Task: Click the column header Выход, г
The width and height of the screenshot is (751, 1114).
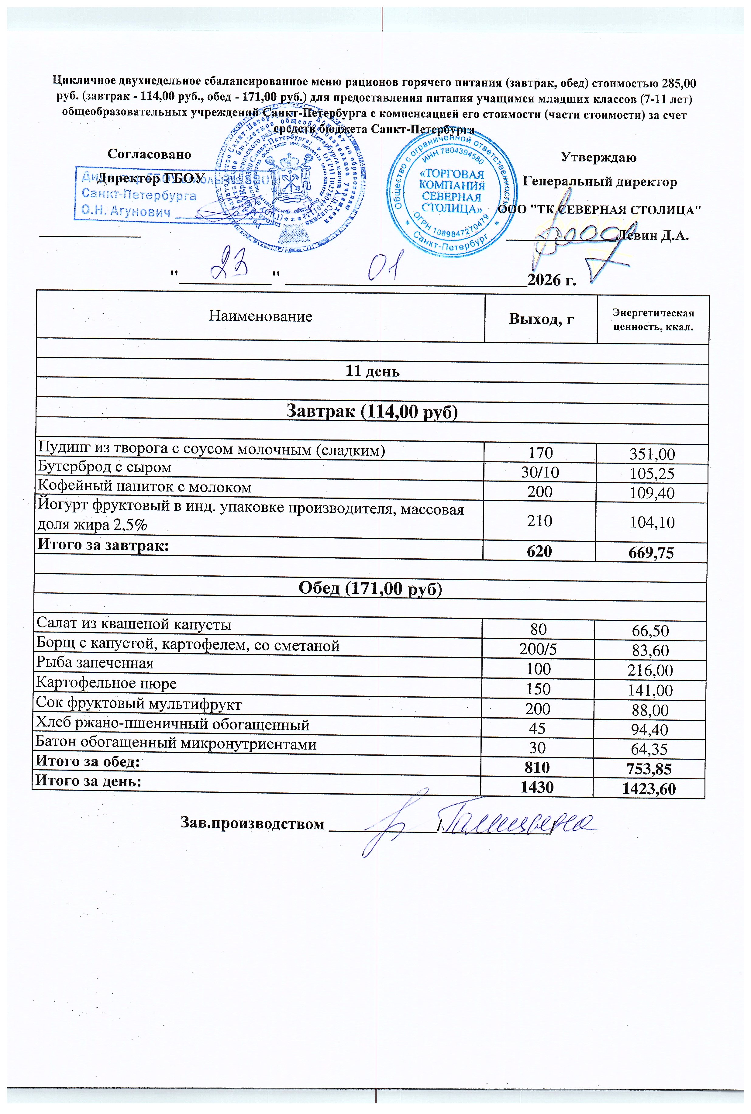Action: (541, 319)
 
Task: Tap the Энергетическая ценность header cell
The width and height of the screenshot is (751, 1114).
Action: (653, 320)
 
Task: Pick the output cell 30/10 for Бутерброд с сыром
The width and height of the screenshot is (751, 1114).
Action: (540, 473)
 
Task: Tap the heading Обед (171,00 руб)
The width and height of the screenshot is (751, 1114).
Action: (370, 588)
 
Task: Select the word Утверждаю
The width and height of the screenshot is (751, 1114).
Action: (598, 157)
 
